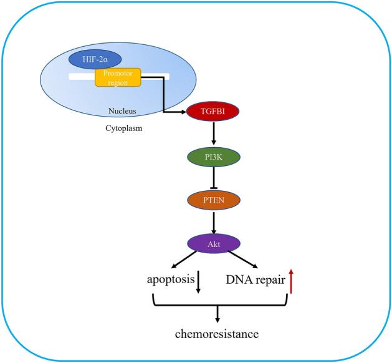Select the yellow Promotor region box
118,77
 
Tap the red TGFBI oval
214,112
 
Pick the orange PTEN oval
214,200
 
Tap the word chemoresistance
217,334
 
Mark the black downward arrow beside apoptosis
198,282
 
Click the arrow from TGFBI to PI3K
214,134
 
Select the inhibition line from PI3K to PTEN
214,178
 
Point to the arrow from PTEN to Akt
214,223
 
